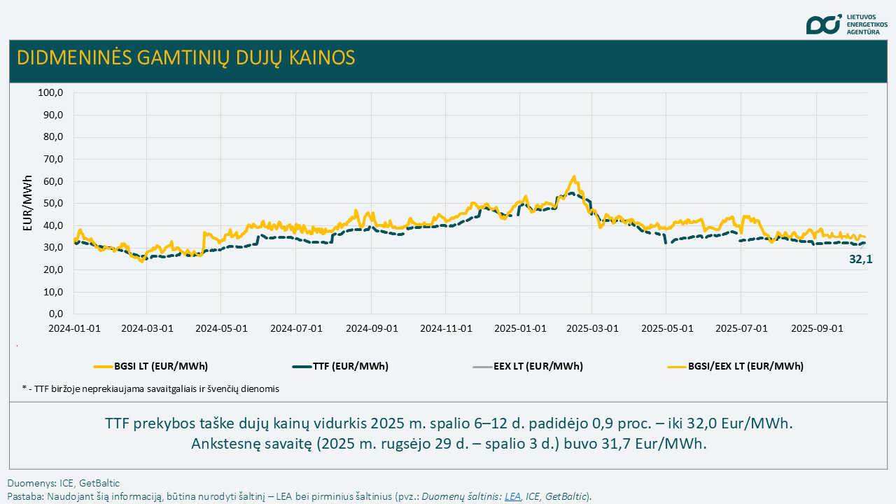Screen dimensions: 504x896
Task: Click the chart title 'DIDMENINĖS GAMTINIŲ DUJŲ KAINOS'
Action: (x=185, y=57)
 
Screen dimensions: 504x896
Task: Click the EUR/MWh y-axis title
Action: (x=28, y=203)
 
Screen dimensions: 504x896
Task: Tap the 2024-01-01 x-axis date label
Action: (x=73, y=328)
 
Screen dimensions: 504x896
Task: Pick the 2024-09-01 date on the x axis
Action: (x=372, y=328)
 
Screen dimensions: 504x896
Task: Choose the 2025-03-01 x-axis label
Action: (x=592, y=328)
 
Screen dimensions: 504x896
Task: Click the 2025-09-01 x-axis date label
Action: (x=816, y=328)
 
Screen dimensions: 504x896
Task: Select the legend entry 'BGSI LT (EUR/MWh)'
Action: (x=150, y=366)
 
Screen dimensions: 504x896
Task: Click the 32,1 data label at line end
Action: (x=860, y=259)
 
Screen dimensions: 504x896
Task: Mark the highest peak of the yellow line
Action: (x=573, y=176)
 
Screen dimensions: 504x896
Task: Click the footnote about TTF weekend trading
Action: (x=150, y=388)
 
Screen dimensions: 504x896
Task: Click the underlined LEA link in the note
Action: (x=513, y=496)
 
